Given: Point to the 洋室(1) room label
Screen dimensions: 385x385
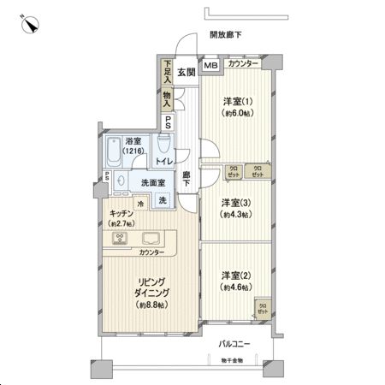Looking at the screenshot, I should (235, 104).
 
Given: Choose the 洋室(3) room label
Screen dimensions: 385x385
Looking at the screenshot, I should (235, 208).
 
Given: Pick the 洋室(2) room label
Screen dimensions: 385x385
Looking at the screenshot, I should (235, 280).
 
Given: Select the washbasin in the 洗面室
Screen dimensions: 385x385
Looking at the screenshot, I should (121, 182).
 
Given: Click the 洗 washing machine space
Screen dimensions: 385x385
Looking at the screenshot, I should (163, 199).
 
